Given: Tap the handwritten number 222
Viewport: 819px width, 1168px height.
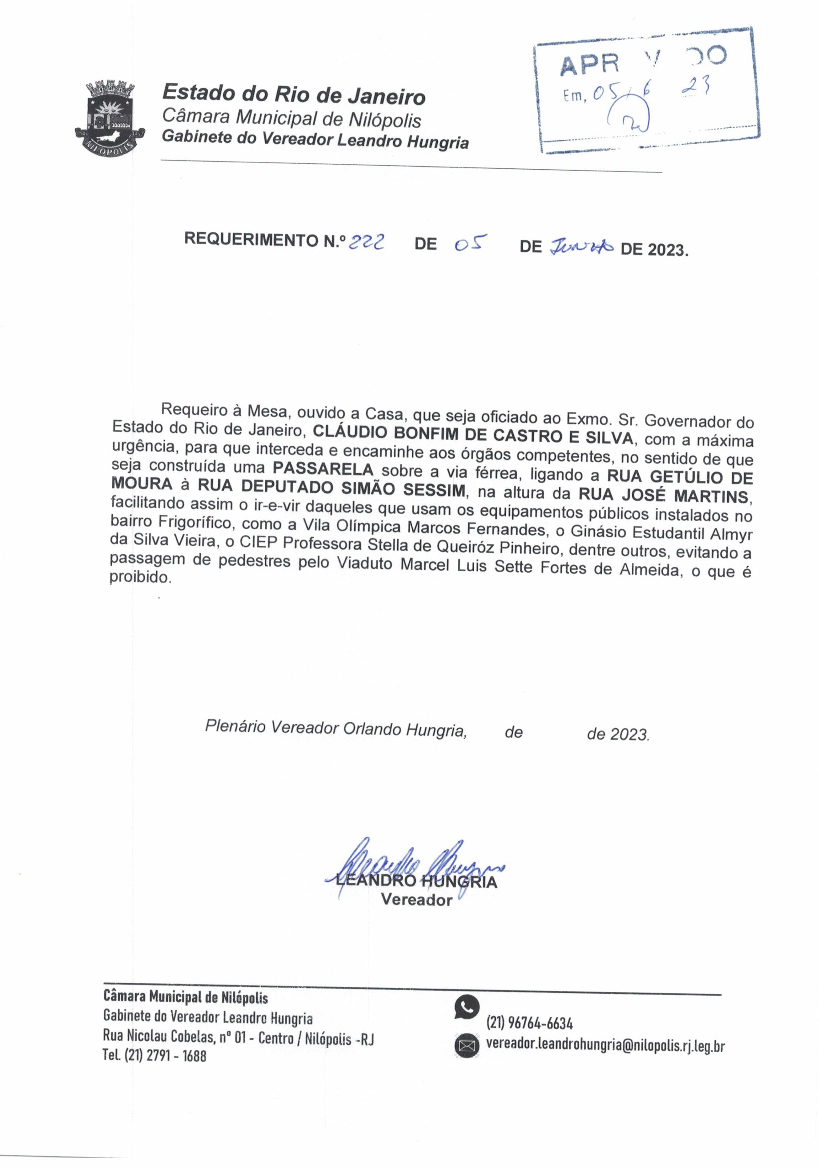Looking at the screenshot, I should (366, 244).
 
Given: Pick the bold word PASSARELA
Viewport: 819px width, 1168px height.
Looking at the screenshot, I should (323, 469).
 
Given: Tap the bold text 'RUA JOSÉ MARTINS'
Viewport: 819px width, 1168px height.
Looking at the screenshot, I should (665, 495).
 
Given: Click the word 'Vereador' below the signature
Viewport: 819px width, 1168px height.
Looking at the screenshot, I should (416, 900).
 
